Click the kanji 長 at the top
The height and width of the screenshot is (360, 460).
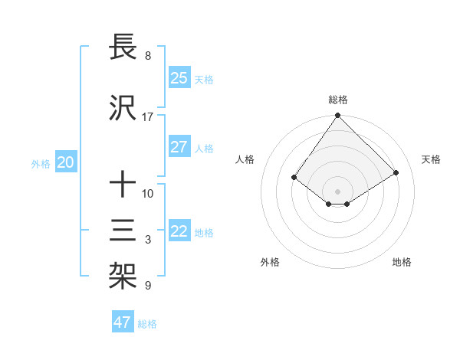[123, 47]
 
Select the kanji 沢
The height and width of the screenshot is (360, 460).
[123, 109]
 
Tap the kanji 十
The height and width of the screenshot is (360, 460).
[123, 185]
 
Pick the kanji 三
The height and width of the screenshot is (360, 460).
[123, 231]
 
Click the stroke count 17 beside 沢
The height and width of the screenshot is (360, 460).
[147, 117]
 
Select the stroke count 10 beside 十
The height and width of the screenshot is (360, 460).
[147, 193]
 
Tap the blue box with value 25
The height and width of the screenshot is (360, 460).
[179, 78]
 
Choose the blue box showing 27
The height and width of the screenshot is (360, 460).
[179, 147]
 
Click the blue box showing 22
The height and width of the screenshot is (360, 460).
[179, 231]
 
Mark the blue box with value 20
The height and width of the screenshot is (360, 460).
[66, 162]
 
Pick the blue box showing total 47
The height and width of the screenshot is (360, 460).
[123, 322]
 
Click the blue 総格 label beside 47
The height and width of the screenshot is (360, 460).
[147, 324]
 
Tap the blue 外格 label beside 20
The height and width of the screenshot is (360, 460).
[41, 163]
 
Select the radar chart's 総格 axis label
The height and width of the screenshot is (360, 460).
[337, 100]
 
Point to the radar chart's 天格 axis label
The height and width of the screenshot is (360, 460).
[432, 159]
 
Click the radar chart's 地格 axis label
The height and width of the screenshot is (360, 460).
[402, 262]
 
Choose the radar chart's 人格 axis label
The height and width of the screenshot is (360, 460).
[245, 159]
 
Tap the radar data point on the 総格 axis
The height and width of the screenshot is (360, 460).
[337, 116]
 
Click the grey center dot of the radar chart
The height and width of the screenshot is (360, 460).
[337, 190]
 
